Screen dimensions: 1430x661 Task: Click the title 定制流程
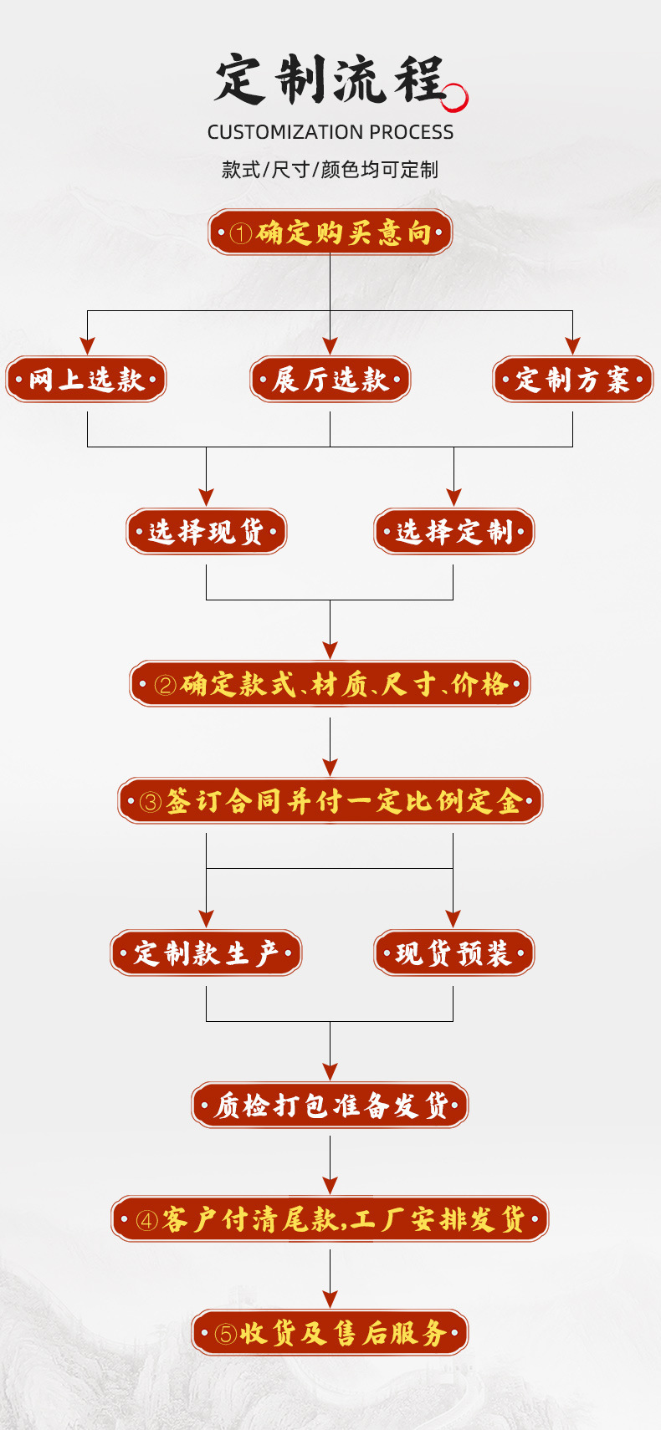(x=328, y=81)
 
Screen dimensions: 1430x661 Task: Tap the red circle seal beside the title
(x=454, y=98)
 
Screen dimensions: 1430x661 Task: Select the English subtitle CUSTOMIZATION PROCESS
(x=330, y=132)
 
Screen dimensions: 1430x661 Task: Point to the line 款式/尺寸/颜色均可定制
(x=330, y=170)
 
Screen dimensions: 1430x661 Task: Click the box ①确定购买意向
(x=330, y=232)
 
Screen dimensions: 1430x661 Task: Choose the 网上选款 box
(x=86, y=380)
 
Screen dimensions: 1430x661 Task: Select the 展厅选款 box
(x=330, y=380)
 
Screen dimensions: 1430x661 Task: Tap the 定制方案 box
(x=572, y=380)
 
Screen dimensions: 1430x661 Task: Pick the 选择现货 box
(x=206, y=531)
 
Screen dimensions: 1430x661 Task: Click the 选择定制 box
(x=453, y=531)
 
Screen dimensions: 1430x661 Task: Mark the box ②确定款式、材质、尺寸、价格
(x=330, y=684)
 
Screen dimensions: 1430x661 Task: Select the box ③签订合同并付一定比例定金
(x=330, y=801)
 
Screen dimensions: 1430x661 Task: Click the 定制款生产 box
(x=206, y=952)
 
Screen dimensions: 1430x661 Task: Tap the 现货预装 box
(x=453, y=952)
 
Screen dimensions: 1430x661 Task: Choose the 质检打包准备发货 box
(x=330, y=1106)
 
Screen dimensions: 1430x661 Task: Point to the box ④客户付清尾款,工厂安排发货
(x=330, y=1219)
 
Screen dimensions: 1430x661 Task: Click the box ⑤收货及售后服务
(x=330, y=1332)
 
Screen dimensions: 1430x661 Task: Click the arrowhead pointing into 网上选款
(x=87, y=345)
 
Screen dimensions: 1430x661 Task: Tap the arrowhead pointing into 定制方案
(x=572, y=345)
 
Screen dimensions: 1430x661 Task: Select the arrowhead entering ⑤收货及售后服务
(x=330, y=1299)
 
